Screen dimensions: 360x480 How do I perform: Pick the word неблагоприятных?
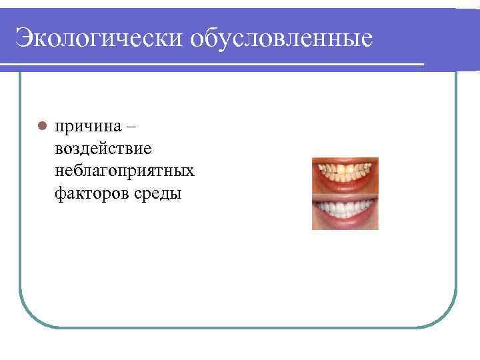[x=125, y=171]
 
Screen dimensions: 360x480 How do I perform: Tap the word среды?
[x=154, y=194]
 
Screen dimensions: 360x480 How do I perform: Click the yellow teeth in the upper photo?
[x=344, y=171]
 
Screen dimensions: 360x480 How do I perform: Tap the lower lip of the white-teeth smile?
[x=345, y=223]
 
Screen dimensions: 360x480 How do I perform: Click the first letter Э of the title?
[x=25, y=38]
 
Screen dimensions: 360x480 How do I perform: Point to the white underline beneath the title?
[x=213, y=65]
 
